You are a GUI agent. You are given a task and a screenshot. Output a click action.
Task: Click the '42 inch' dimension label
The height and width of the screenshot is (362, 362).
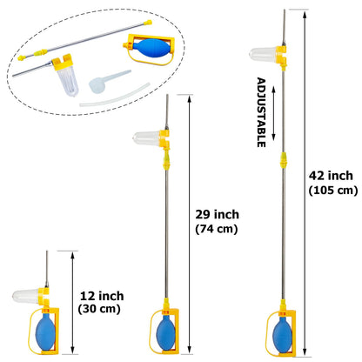click(x=331, y=176)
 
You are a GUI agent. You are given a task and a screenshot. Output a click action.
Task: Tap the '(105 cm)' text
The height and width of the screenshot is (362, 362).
click(x=333, y=191)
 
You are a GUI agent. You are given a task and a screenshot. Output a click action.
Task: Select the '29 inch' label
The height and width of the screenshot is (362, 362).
click(x=218, y=215)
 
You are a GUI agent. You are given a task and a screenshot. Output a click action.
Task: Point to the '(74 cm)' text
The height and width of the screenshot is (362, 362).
click(x=217, y=229)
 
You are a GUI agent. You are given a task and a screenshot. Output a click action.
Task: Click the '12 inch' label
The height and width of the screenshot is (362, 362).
click(x=102, y=296)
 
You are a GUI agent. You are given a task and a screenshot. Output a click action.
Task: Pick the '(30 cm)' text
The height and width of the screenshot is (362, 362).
click(x=99, y=309)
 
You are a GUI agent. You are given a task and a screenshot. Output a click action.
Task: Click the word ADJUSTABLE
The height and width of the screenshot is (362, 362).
click(x=261, y=112)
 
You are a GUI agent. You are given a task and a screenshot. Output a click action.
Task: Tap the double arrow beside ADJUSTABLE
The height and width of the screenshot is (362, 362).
click(x=274, y=113)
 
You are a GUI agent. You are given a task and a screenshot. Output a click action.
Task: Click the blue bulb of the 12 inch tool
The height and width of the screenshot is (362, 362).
click(x=45, y=332)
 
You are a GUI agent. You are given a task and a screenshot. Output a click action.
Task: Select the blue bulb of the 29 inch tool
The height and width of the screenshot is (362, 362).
click(x=166, y=332)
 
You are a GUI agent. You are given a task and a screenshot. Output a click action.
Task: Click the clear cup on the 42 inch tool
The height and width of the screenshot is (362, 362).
click(x=264, y=54)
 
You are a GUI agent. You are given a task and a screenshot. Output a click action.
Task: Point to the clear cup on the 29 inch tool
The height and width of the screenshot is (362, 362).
click(x=147, y=138)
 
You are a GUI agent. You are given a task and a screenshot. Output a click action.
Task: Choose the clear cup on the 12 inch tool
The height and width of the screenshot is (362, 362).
click(x=26, y=296)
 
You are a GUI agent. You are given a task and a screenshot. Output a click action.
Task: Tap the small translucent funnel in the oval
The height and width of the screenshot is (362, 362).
click(x=106, y=81)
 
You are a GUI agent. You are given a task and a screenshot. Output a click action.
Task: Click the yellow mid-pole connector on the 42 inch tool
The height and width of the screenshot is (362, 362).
click(x=284, y=160)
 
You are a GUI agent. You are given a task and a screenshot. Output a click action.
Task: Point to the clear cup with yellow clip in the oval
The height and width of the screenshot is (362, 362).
click(x=67, y=76)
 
